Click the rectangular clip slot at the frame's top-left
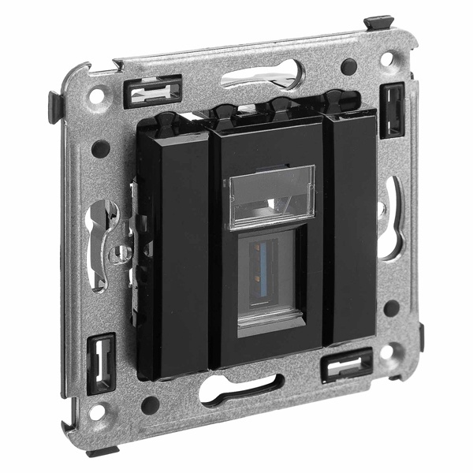(153, 91)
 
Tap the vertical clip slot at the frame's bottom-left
(102, 363)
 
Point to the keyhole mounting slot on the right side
(389, 217)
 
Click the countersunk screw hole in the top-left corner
(96, 96)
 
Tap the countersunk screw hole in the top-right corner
(386, 59)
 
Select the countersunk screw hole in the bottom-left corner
(97, 412)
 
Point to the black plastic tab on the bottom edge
(102, 452)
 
